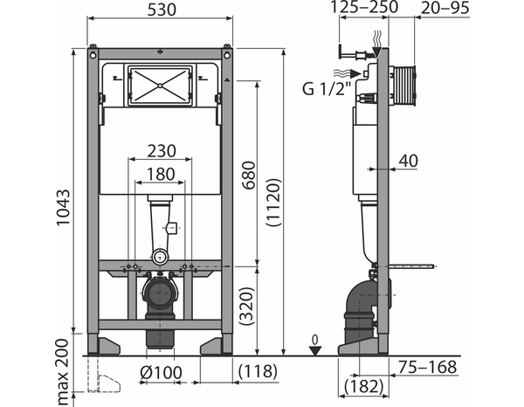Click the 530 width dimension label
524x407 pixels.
pyautogui.click(x=162, y=10)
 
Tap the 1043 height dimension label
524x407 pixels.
pyautogui.click(x=63, y=208)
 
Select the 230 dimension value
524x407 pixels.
pyautogui.click(x=162, y=151)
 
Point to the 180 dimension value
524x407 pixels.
pyautogui.click(x=161, y=174)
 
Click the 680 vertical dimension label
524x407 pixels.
pyautogui.click(x=249, y=176)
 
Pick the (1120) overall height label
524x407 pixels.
pyautogui.click(x=274, y=203)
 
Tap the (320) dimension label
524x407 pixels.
pyautogui.click(x=248, y=306)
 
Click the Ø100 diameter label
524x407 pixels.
pyautogui.click(x=161, y=372)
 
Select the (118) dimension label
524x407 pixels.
pyautogui.click(x=258, y=370)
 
